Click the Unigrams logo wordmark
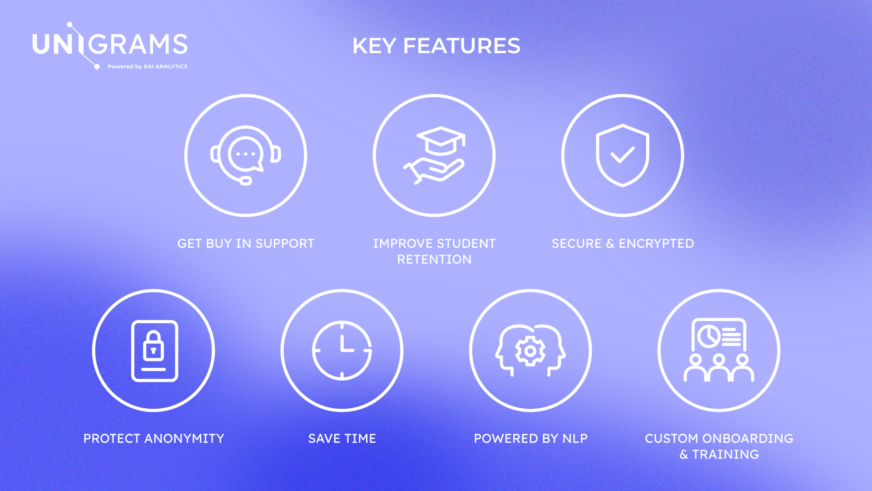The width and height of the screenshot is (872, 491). pos(109,44)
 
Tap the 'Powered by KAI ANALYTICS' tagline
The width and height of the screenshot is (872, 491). pos(147,66)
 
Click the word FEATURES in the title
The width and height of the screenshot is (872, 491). pos(461,46)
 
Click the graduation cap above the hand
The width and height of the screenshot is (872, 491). pos(441,140)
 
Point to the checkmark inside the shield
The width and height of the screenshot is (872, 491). pos(622,155)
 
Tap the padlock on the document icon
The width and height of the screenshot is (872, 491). pos(154,346)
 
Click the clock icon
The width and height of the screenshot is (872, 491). pos(342,350)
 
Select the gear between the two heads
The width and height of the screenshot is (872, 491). pos(530,351)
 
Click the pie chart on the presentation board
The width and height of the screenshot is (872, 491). pos(708,336)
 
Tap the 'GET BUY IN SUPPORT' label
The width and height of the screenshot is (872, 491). pos(246,244)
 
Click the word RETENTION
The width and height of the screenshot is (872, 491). pos(434,260)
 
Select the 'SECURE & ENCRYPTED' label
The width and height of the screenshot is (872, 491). pos(623,244)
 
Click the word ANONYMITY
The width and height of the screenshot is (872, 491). pos(184,439)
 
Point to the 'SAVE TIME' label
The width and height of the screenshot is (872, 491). pos(342,439)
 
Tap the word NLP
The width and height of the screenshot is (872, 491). pos(575,439)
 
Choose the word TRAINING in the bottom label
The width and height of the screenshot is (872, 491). pos(725,455)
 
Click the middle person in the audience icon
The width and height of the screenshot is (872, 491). pos(718,368)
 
